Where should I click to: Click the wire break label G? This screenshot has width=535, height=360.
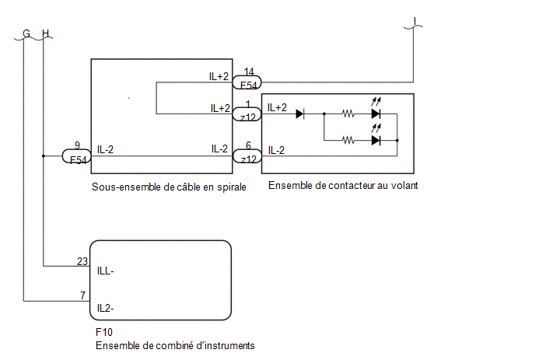click(x=26, y=33)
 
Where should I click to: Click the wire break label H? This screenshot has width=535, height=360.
click(x=45, y=33)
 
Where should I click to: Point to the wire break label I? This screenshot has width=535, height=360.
click(x=415, y=21)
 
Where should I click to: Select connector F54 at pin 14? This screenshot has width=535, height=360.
click(x=247, y=82)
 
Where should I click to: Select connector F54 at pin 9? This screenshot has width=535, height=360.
click(x=77, y=156)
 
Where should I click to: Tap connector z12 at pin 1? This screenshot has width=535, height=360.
click(x=247, y=114)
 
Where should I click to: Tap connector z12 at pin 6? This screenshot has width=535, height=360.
click(x=247, y=156)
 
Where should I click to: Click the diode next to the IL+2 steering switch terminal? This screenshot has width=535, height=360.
click(x=300, y=114)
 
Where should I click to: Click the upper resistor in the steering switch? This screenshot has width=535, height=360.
click(x=348, y=114)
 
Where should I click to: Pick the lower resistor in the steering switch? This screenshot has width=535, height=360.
click(x=348, y=140)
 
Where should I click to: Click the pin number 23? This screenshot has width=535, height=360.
click(x=82, y=261)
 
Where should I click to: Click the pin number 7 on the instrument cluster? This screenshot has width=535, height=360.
click(x=83, y=295)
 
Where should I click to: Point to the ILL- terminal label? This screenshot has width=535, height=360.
click(x=106, y=271)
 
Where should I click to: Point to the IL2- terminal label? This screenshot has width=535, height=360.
click(x=106, y=308)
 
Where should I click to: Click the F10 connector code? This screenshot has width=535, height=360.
click(x=104, y=332)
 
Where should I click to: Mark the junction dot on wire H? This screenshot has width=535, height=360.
click(x=44, y=156)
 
